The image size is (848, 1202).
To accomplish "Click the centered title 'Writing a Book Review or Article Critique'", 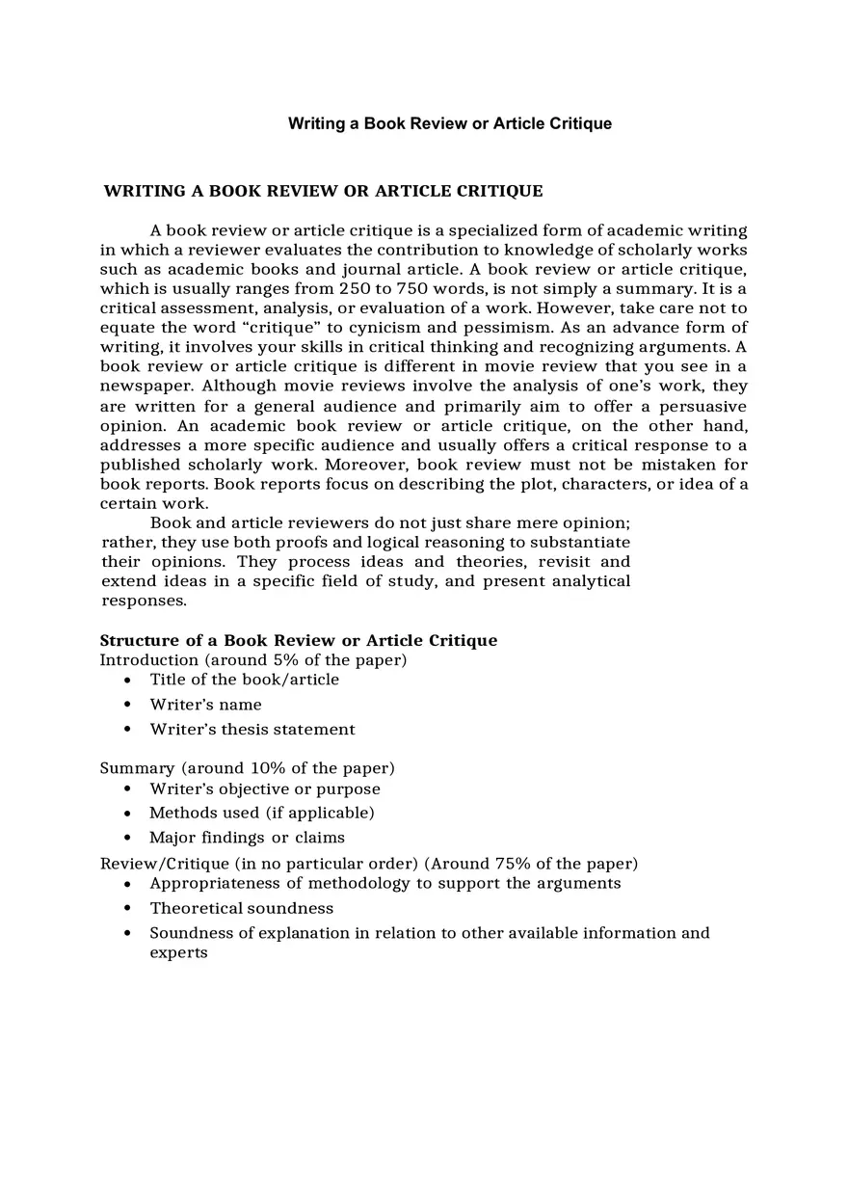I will (x=449, y=123).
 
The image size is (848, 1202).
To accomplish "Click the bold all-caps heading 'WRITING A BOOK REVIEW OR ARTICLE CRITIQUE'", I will (x=323, y=191).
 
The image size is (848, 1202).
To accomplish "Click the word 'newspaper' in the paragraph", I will (x=146, y=387).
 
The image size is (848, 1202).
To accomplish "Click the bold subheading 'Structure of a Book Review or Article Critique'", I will (x=299, y=640).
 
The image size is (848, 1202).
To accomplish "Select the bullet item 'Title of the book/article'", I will (x=244, y=680).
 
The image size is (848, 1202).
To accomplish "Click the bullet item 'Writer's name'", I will (x=205, y=705).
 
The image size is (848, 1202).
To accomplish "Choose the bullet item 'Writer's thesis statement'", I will (x=252, y=730).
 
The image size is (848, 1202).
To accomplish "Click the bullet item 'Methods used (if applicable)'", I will (x=261, y=813).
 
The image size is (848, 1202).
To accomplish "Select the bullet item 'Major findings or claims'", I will (x=247, y=838).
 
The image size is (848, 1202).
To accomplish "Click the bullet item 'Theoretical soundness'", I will (x=241, y=908).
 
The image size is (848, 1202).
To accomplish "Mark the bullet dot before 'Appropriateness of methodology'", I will (x=127, y=884).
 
